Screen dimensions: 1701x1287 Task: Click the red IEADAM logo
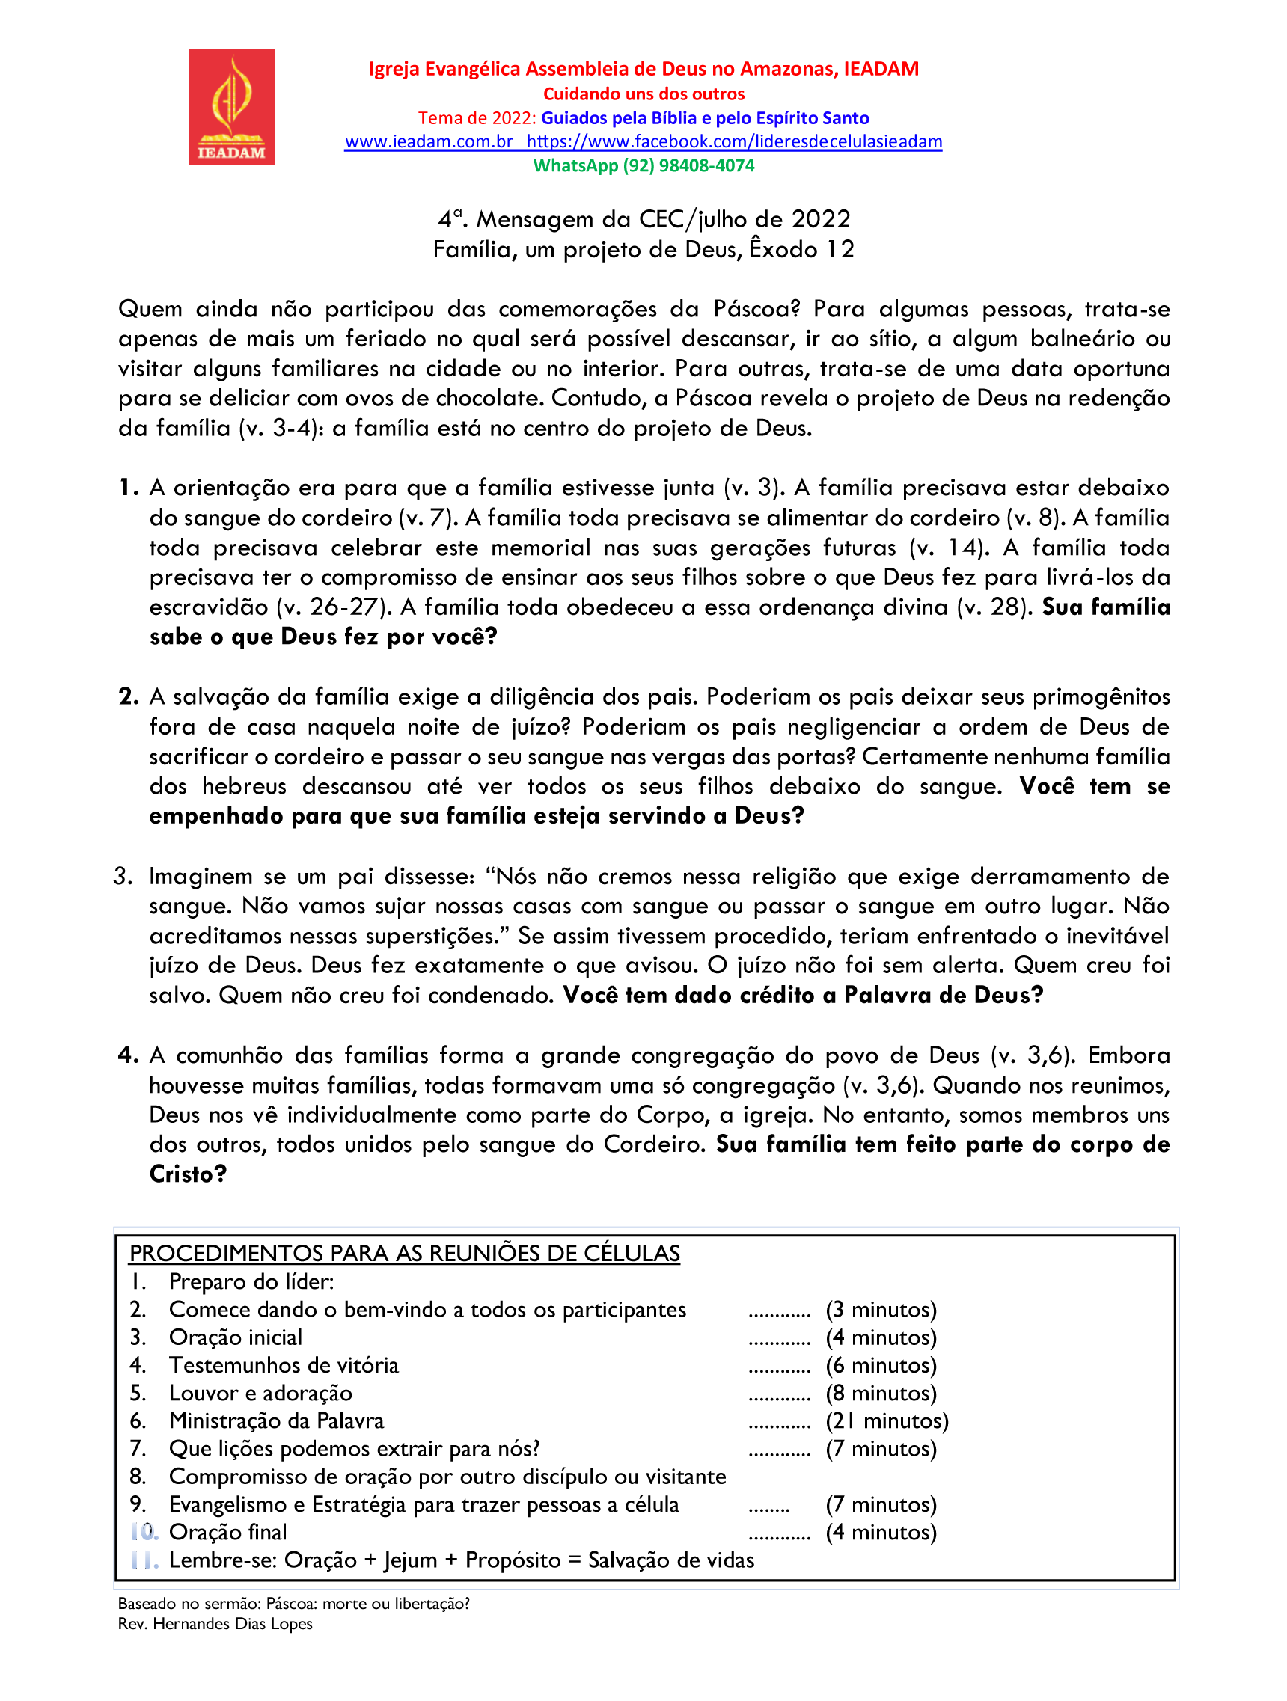231,107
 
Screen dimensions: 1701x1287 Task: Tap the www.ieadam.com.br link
429,141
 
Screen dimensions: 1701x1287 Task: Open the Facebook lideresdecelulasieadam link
734,141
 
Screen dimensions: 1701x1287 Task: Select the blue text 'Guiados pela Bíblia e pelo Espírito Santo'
705,117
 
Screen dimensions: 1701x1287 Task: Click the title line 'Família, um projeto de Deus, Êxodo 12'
643,249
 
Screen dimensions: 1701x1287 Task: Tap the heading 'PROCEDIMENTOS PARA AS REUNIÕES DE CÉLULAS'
404,1253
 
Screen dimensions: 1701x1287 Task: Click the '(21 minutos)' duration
886,1420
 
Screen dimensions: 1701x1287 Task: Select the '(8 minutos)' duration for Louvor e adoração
880,1393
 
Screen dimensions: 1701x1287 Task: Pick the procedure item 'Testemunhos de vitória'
284,1365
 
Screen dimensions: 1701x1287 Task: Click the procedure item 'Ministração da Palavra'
276,1420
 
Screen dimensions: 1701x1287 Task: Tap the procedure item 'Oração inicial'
236,1337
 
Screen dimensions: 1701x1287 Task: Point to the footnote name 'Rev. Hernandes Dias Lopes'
215,1623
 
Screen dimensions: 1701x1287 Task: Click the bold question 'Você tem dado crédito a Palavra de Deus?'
802,995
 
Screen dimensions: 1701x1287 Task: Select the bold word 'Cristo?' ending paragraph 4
188,1174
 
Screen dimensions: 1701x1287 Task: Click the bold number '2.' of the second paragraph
129,696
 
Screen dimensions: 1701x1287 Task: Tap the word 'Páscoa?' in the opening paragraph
756,309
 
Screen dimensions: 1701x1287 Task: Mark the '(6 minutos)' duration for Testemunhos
880,1365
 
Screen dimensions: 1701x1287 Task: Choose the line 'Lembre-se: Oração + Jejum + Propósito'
461,1560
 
